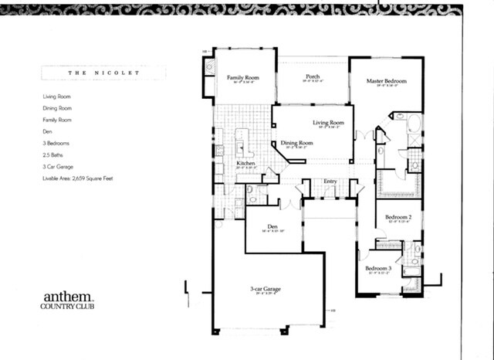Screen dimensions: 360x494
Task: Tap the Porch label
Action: coord(313,76)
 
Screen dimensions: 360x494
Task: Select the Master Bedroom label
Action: coord(386,80)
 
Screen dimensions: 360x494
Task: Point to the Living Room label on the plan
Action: coord(328,123)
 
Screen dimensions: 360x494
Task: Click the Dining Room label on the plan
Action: coord(296,143)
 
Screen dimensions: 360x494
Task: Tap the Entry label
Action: coord(330,182)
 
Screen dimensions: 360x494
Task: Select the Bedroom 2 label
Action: coord(398,218)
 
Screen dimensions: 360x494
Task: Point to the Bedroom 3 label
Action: coord(379,268)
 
